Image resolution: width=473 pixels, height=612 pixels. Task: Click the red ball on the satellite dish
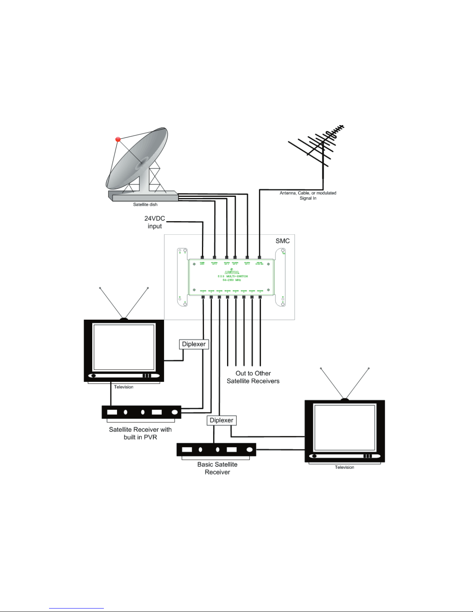[118, 139]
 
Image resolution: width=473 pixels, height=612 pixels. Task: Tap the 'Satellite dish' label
[145, 205]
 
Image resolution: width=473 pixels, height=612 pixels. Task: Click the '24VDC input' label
[154, 222]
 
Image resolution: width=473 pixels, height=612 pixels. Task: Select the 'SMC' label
[282, 241]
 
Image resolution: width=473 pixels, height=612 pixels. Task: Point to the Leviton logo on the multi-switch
[232, 271]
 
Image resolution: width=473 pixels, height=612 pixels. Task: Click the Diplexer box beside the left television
[194, 344]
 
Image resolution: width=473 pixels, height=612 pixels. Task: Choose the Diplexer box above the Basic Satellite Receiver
[221, 420]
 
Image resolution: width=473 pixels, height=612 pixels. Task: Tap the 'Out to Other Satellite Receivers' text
[253, 377]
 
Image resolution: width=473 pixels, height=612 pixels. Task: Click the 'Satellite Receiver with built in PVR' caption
[140, 433]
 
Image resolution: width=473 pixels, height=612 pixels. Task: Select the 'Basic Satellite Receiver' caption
[217, 468]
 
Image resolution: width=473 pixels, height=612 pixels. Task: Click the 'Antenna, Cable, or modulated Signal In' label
[308, 195]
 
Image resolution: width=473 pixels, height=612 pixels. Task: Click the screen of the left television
[124, 347]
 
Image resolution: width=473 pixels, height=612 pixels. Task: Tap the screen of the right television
[344, 427]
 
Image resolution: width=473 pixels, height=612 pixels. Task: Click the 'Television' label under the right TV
[344, 467]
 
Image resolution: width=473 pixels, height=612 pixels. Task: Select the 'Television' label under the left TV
[124, 387]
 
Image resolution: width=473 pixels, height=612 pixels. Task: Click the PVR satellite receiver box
[141, 412]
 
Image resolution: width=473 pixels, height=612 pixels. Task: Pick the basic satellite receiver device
[216, 449]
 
